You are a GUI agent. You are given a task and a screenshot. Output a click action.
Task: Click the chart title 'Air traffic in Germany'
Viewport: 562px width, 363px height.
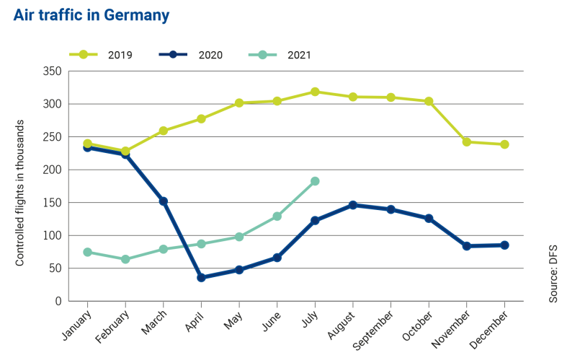tap(92, 15)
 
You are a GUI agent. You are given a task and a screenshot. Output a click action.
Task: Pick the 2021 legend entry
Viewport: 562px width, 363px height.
tap(282, 55)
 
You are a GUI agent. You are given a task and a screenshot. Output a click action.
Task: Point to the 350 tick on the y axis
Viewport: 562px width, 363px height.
tap(51, 71)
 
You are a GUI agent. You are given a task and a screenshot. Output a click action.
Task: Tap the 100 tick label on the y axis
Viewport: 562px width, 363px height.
tap(51, 236)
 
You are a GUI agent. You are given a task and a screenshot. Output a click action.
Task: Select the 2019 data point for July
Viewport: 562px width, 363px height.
tap(315, 92)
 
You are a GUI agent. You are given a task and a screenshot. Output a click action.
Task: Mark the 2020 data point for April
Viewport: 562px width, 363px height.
tap(201, 277)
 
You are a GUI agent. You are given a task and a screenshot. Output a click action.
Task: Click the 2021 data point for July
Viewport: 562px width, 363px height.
tap(315, 181)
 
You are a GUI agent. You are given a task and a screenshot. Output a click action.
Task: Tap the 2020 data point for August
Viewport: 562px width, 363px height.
tap(353, 205)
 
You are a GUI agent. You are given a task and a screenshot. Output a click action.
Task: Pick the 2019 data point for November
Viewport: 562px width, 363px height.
tap(466, 142)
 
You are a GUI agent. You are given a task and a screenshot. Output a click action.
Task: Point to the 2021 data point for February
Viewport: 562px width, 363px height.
tap(125, 259)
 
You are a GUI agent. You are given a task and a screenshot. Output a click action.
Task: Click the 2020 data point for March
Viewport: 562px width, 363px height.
tap(164, 201)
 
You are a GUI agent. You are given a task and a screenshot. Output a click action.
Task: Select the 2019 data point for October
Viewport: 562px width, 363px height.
tap(429, 101)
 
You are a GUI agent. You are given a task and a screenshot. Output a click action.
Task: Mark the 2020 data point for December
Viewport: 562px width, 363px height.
tap(504, 245)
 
